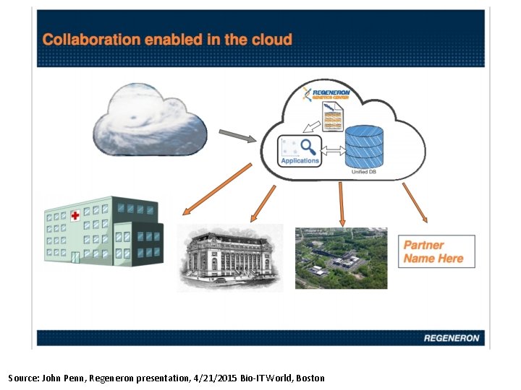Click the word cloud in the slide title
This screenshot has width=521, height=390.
coord(271,40)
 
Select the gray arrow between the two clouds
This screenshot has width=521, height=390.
coord(237,135)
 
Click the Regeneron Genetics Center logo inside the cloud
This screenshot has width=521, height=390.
coord(327,94)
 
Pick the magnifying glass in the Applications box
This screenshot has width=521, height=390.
coord(308,147)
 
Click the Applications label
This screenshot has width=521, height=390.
coord(300,160)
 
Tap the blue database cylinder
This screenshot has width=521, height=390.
coord(363,146)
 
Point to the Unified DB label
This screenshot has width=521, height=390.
coord(363,172)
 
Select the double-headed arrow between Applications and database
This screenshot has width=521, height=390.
coord(332,150)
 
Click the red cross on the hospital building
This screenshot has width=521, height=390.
coord(75,215)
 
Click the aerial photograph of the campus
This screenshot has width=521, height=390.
coord(341,258)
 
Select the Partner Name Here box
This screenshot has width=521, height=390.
coord(436,251)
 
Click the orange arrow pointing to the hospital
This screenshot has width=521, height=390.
coord(216,189)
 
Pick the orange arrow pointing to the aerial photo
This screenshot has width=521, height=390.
coord(342,203)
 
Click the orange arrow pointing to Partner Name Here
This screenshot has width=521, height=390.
coord(415,202)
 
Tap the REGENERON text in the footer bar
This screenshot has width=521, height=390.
coord(451,338)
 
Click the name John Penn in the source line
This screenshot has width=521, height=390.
coord(63,378)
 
